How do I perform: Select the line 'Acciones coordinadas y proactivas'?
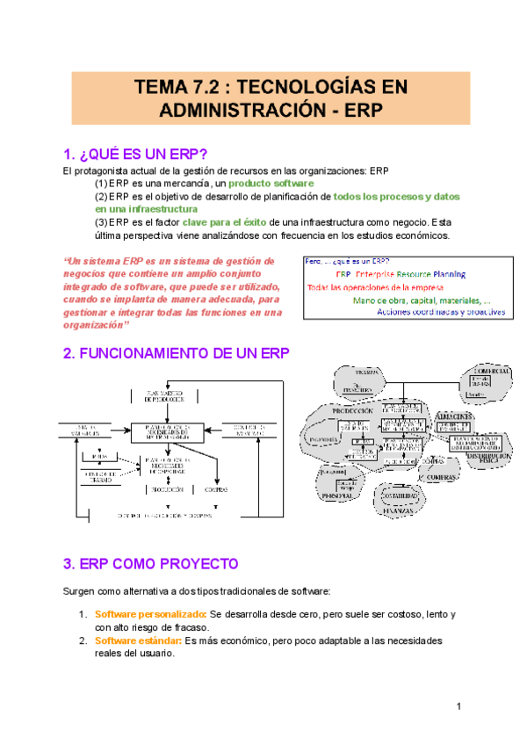pos(440,311)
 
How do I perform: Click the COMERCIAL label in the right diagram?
pos(490,372)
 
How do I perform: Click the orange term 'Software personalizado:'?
pos(151,614)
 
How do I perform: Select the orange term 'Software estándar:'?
pos(138,640)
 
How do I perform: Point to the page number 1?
pos(458,707)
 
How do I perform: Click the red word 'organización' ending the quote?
pos(95,325)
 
